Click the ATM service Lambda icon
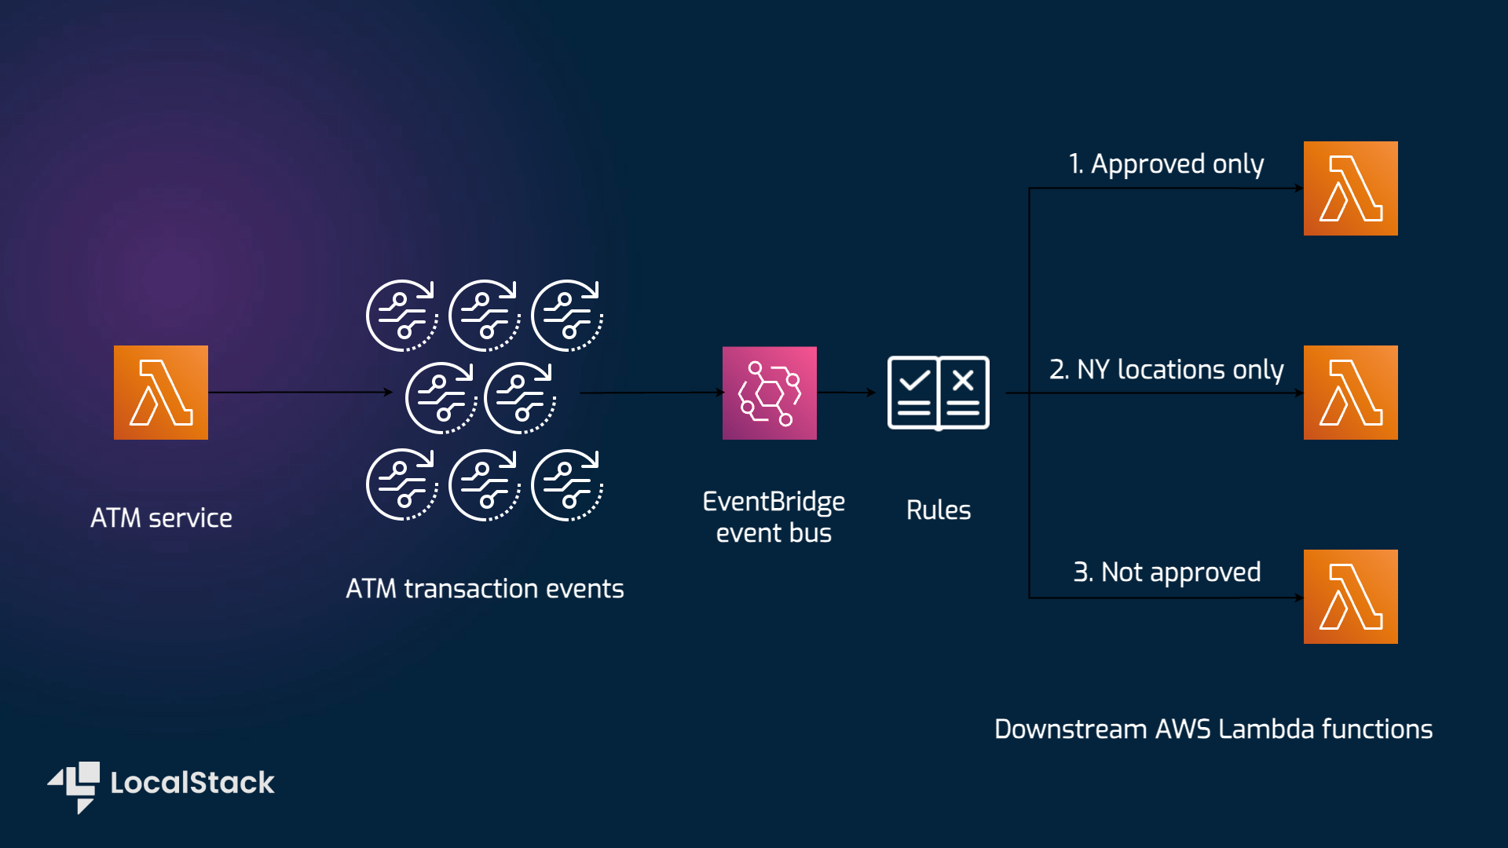coord(161,393)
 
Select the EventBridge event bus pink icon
coord(770,393)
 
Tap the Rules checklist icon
coord(938,393)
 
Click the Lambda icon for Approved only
coord(1351,188)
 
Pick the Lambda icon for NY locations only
coord(1351,393)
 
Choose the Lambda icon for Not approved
coord(1351,597)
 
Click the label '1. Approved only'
coord(1166,164)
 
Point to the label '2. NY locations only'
coord(1166,369)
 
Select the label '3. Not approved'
coord(1166,572)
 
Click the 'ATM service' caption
coord(161,518)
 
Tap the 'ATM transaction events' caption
coord(485,589)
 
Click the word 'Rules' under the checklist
coord(939,510)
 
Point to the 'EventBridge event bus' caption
coord(774,517)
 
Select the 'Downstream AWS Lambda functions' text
coord(1213,729)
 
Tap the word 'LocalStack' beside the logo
coord(192,783)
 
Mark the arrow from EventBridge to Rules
coord(847,393)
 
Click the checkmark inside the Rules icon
coord(914,381)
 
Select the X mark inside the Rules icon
coord(963,381)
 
